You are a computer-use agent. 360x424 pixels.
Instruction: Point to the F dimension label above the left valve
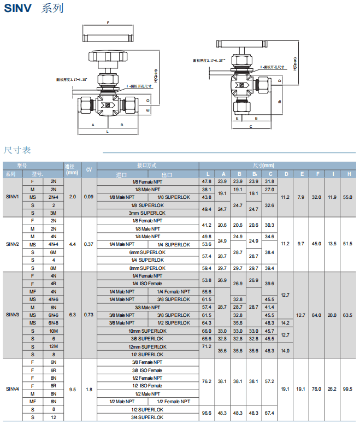pyautogui.click(x=108, y=23)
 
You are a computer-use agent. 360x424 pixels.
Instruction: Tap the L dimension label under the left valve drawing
pyautogui.click(x=107, y=132)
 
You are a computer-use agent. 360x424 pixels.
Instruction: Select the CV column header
pyautogui.click(x=89, y=169)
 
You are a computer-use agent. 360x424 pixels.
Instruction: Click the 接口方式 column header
pyautogui.click(x=147, y=165)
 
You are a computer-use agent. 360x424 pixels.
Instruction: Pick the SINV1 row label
pyautogui.click(x=12, y=197)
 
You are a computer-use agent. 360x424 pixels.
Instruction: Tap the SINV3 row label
pyautogui.click(x=12, y=315)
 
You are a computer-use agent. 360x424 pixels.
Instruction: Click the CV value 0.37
pyautogui.click(x=89, y=244)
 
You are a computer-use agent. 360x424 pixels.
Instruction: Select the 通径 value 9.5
pyautogui.click(x=72, y=390)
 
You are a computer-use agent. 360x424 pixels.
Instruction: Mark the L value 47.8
pyautogui.click(x=206, y=181)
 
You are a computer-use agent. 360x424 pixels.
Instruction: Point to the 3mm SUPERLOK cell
pyautogui.click(x=147, y=213)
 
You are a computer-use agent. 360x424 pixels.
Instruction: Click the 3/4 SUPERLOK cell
pyautogui.click(x=147, y=417)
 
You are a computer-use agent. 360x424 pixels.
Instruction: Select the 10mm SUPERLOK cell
pyautogui.click(x=147, y=331)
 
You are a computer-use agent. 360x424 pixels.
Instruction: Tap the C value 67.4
pyautogui.click(x=269, y=414)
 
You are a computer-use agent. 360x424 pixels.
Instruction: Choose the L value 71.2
pyautogui.click(x=206, y=346)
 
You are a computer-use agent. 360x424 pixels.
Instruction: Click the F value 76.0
pyautogui.click(x=316, y=390)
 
